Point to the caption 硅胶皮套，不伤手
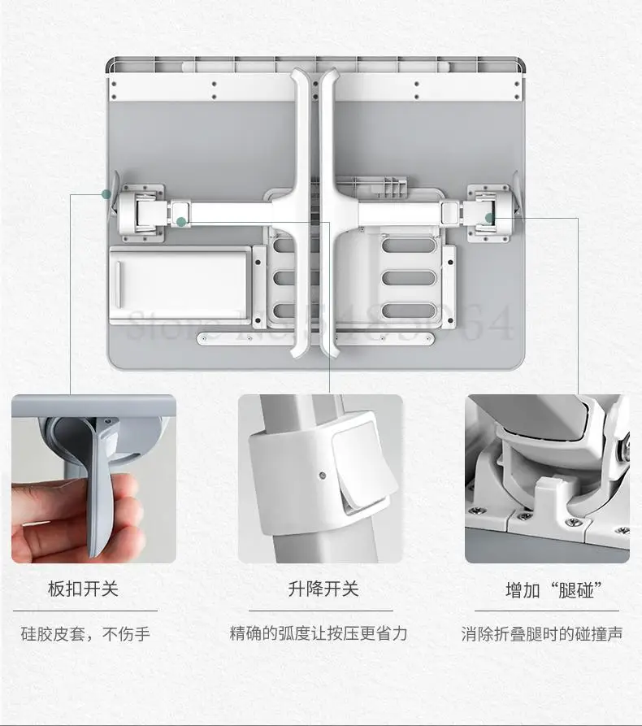[x=85, y=633]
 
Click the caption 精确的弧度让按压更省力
[x=319, y=633]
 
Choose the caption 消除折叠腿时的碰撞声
[x=542, y=633]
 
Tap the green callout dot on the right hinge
[x=490, y=217]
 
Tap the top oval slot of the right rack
[x=414, y=245]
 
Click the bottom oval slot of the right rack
[x=414, y=310]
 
